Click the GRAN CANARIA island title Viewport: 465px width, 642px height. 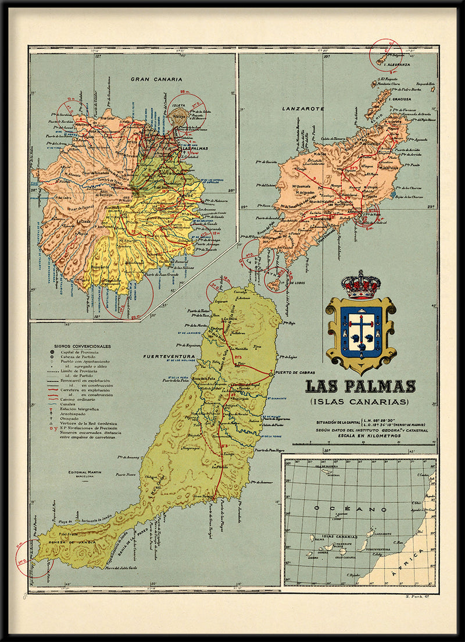point(156,79)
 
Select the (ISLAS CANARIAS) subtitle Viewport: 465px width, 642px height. point(360,401)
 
